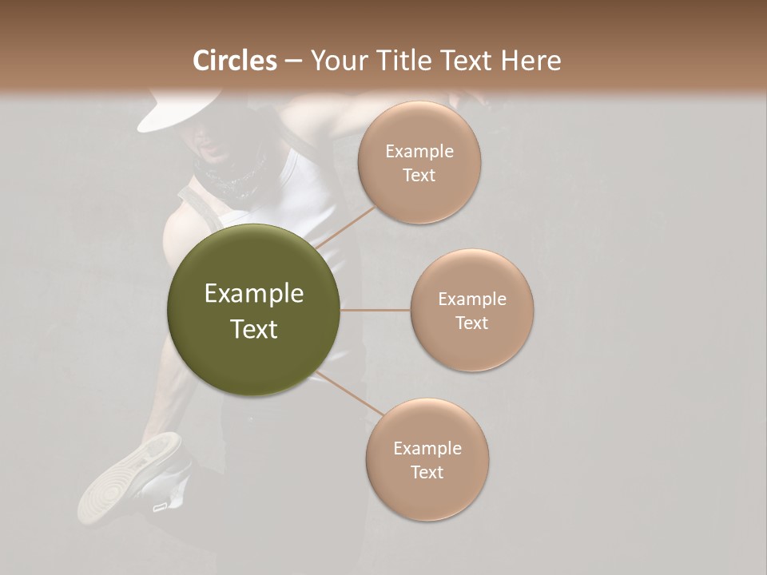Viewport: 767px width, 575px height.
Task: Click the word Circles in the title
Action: (235, 61)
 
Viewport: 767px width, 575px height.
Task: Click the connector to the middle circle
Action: (376, 310)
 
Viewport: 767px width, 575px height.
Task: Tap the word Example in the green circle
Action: (254, 294)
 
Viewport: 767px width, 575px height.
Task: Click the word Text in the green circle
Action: (254, 329)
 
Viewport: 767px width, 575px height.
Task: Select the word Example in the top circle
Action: (419, 152)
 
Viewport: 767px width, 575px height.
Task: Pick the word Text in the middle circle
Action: (472, 323)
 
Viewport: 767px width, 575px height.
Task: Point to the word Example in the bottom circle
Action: (427, 449)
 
